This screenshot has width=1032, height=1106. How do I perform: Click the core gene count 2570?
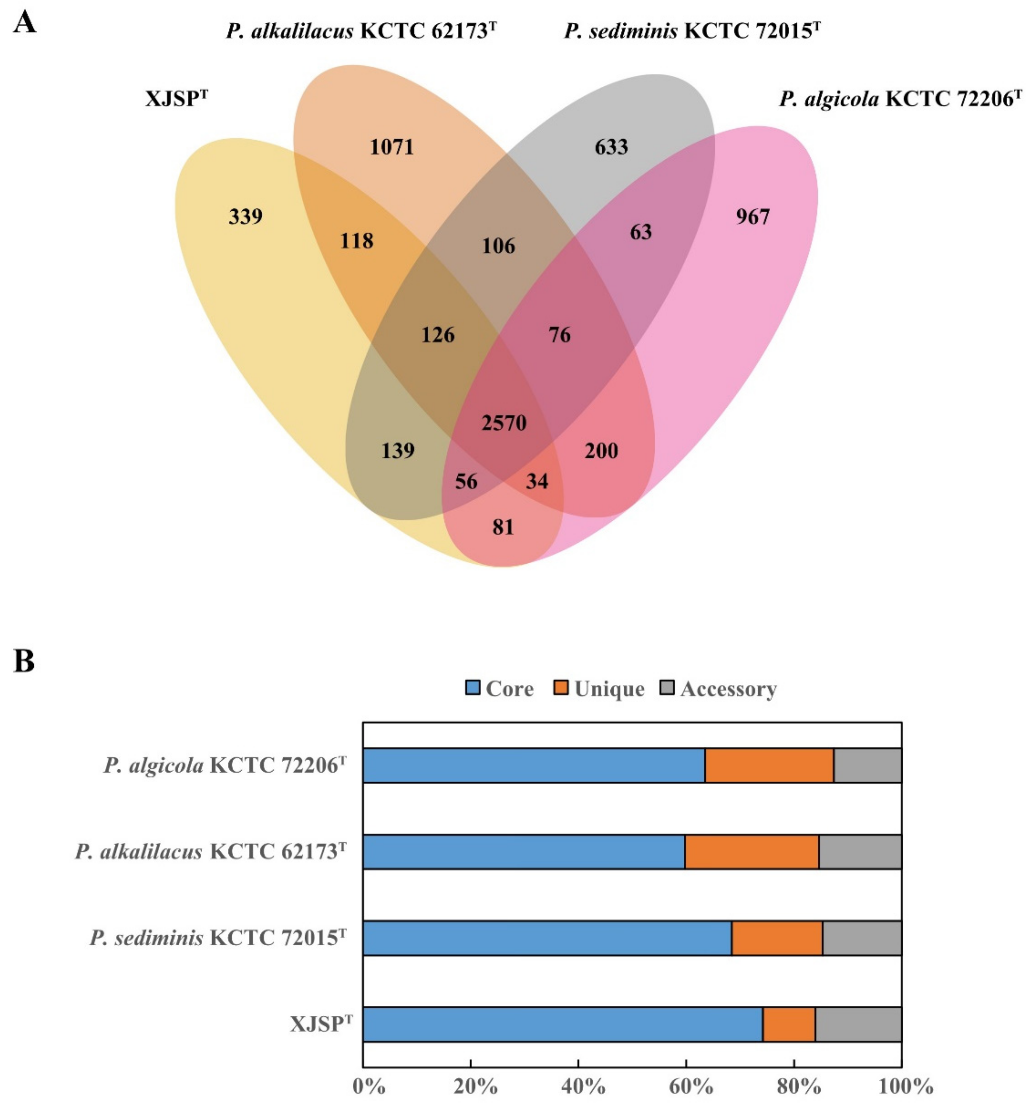coord(504,423)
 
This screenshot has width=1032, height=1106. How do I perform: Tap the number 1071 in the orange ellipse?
coord(392,147)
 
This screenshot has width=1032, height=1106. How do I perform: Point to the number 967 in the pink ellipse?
coord(753,216)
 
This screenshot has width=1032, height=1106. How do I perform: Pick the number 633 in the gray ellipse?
coord(611,147)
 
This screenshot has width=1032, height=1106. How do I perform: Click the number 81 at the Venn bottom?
coord(503,527)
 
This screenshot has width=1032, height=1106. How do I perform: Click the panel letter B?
coord(23,662)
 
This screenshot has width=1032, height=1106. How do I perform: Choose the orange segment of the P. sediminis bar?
coord(776,938)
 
